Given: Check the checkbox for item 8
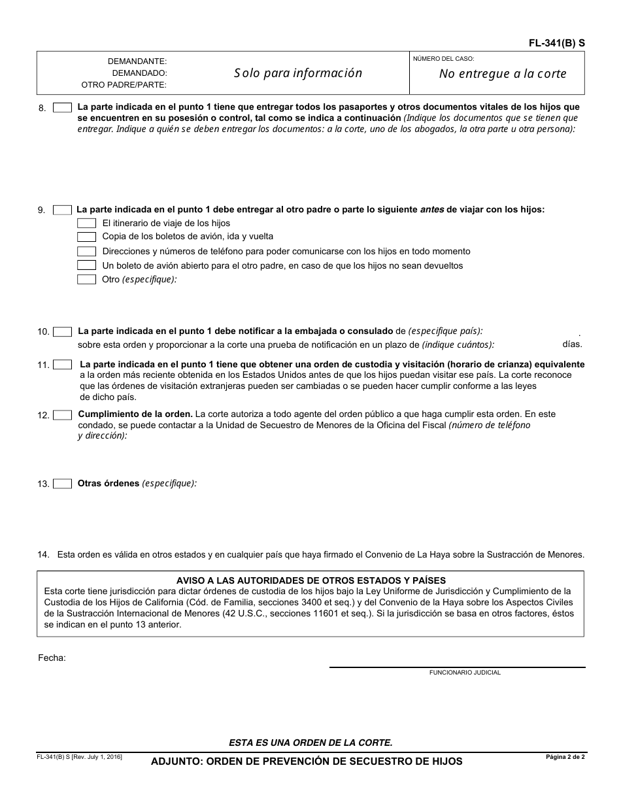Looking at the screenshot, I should tap(62, 108).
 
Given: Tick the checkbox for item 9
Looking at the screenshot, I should tap(62, 210).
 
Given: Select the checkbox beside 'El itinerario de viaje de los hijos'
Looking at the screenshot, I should tap(86, 224).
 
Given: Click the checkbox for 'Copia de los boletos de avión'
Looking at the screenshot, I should tap(86, 237).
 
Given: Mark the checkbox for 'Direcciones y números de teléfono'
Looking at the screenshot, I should tap(86, 251).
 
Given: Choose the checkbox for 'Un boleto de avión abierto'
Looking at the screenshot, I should tap(86, 265).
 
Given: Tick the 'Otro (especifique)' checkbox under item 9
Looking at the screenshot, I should tap(86, 279).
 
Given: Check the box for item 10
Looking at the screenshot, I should tap(62, 331).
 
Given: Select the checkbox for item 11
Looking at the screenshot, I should tap(62, 365).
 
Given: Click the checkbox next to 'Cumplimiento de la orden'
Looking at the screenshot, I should tap(62, 415).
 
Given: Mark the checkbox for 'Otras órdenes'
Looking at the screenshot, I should tap(62, 484).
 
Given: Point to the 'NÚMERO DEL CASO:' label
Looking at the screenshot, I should tap(443, 59).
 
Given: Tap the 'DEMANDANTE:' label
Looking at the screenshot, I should tap(137, 61).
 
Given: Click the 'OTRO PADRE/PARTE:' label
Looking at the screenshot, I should tap(124, 84).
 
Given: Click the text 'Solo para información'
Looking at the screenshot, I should tap(298, 73).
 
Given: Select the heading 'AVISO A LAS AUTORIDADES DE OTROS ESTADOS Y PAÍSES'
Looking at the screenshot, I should tap(311, 580).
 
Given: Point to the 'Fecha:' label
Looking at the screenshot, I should tap(52, 658).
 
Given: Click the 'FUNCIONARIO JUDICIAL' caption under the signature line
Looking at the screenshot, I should tap(465, 673).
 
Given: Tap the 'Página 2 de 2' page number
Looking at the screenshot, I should tap(565, 757).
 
